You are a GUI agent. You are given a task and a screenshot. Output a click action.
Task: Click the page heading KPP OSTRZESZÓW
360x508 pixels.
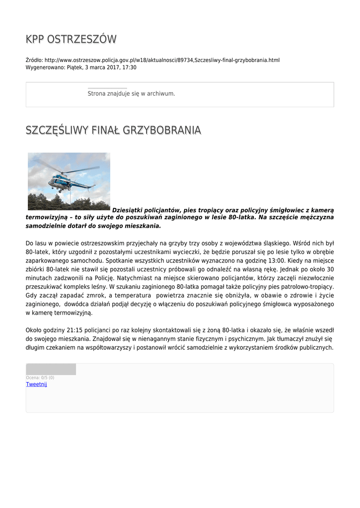71,39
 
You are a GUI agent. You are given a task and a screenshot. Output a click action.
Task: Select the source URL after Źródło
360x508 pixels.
162,60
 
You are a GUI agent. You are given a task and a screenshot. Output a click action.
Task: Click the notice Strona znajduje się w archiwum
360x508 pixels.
131,93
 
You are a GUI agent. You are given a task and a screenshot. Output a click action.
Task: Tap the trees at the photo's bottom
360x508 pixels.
69,203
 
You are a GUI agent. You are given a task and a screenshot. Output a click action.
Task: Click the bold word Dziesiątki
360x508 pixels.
128,210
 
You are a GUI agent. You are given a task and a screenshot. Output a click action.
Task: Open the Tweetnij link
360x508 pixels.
36,384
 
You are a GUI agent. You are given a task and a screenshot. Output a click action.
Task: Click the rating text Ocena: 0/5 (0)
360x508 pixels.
40,378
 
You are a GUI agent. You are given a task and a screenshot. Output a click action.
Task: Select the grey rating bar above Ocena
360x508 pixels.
51,369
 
